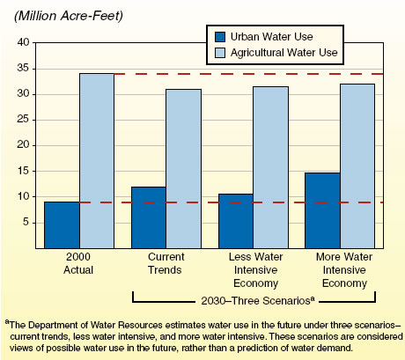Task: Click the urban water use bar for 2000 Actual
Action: click(62, 224)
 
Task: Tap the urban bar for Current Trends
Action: click(149, 217)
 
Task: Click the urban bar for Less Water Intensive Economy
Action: click(236, 221)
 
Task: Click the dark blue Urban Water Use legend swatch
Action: click(220, 37)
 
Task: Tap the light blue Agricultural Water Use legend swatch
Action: click(220, 53)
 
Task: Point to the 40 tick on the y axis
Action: click(23, 42)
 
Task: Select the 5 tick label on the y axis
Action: click(26, 223)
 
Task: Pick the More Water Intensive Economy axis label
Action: click(340, 268)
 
